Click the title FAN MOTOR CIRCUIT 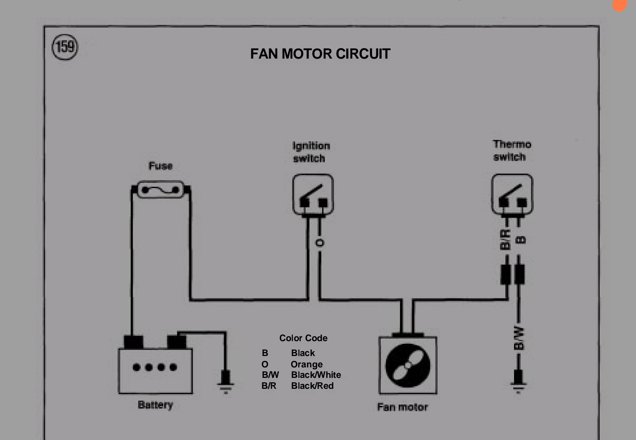[320, 54]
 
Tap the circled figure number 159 [65, 47]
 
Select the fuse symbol [161, 190]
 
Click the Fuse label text [160, 166]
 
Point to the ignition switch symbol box [313, 195]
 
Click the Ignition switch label [310, 152]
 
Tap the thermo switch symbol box [512, 194]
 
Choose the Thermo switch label [511, 150]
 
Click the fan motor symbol [407, 365]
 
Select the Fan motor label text [402, 407]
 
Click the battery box [155, 370]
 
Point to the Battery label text [155, 405]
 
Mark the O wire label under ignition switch [320, 243]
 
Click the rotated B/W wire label [518, 338]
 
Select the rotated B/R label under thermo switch [505, 240]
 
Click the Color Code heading [303, 338]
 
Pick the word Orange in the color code [306, 364]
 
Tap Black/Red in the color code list [312, 386]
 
